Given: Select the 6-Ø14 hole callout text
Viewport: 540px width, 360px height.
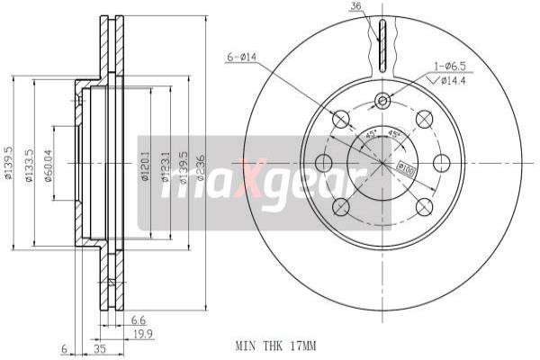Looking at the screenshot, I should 241,57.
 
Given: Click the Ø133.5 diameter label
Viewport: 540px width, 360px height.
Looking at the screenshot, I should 29,165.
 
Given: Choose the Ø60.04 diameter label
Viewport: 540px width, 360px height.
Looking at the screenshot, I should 49,165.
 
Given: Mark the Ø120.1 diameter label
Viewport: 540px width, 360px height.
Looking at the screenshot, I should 145,166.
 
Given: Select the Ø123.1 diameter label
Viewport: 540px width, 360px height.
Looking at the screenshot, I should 165,166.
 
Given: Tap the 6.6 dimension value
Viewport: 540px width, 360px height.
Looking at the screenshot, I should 139,318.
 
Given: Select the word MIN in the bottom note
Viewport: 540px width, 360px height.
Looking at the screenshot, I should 246,345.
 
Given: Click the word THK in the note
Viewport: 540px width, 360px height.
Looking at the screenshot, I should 273,345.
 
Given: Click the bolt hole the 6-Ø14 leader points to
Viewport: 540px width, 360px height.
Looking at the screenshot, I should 341,119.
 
